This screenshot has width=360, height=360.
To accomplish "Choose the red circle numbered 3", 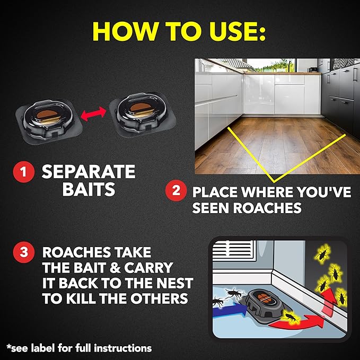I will coord(24,253).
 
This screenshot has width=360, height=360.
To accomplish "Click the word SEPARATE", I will coord(89,172).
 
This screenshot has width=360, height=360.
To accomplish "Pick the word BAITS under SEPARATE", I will coord(89,190).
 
